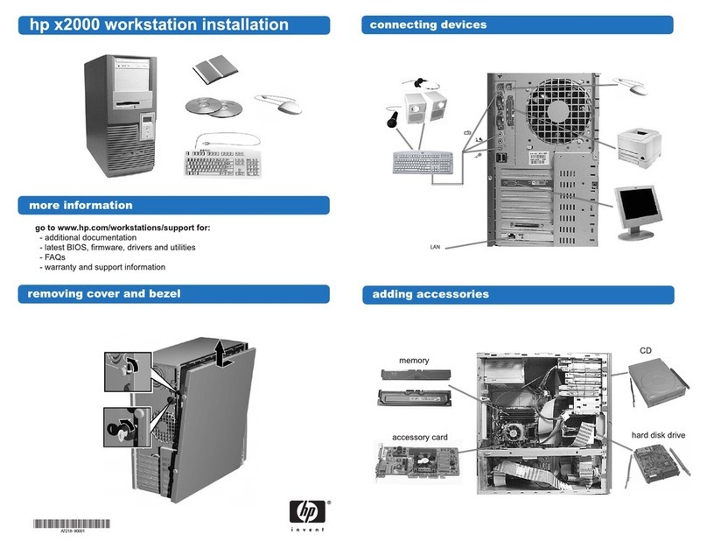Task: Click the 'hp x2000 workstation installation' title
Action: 159,25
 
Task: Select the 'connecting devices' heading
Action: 428,25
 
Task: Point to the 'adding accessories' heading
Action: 430,294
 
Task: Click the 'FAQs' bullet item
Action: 55,258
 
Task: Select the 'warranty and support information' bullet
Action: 106,268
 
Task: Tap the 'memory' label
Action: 414,361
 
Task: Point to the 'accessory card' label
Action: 420,437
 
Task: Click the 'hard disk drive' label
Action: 658,435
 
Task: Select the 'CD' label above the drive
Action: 646,351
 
